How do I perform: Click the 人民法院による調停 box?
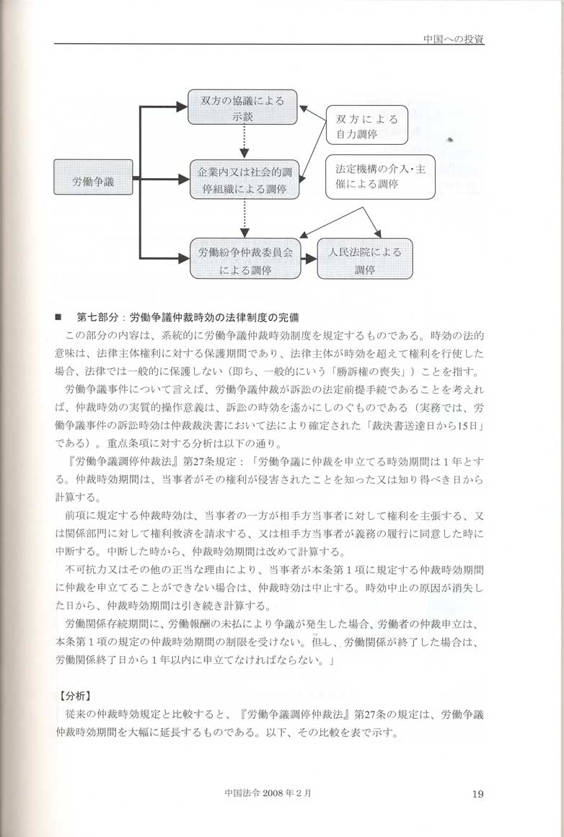tap(366, 260)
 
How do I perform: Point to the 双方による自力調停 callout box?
tap(366, 126)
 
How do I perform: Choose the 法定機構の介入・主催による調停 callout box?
tap(380, 177)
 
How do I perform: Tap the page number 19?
tap(477, 794)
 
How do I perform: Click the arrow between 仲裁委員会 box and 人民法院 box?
tap(308, 258)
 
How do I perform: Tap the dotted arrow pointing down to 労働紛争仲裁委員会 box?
tap(244, 219)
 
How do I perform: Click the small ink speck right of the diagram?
tap(451, 138)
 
